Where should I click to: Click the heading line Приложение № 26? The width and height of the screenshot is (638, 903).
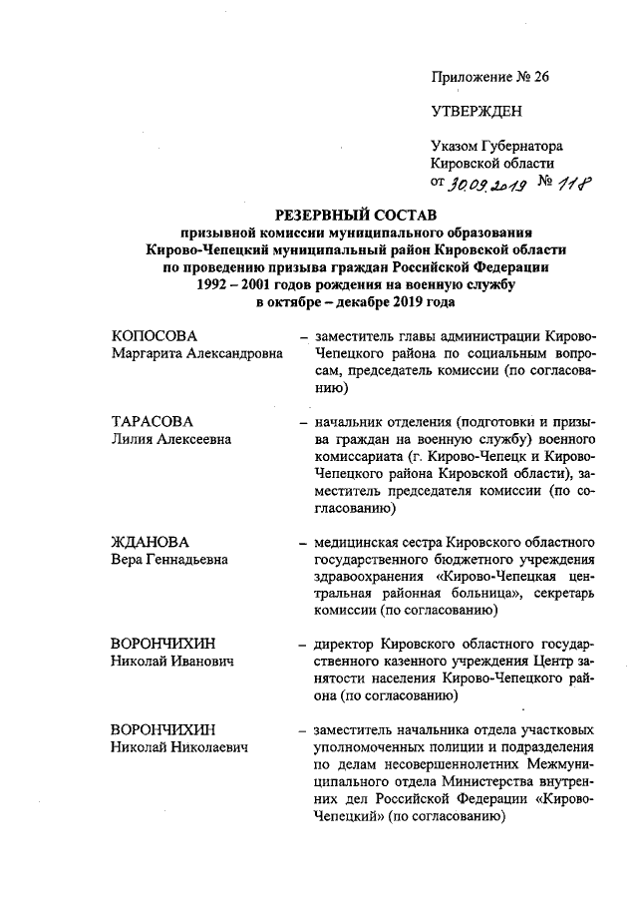click(489, 76)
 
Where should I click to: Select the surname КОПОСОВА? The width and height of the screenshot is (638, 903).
click(155, 335)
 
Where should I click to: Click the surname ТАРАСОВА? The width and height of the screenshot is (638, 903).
click(152, 421)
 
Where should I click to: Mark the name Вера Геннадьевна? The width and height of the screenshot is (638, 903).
click(168, 560)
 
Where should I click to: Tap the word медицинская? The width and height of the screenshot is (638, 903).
click(354, 542)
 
